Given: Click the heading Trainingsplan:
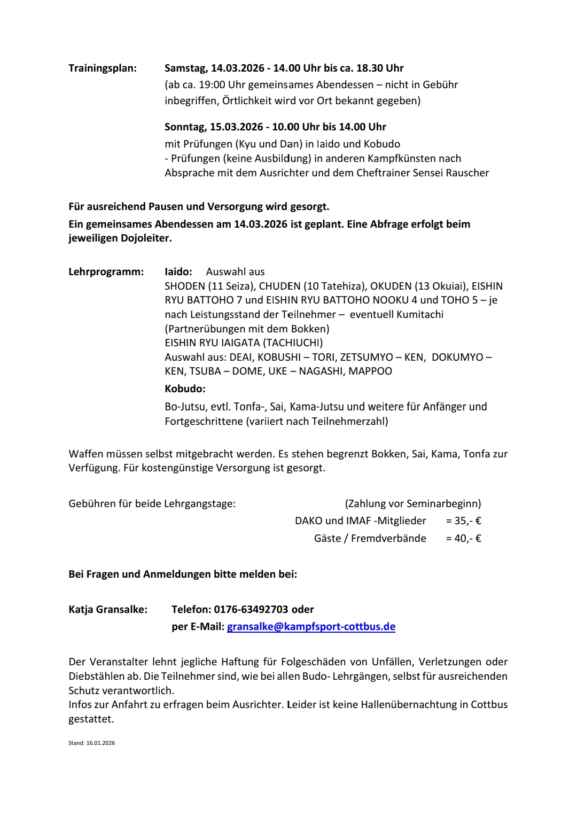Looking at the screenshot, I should click(103, 68).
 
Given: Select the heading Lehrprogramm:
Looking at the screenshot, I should click(106, 271).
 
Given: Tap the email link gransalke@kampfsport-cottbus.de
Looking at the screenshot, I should click(311, 626).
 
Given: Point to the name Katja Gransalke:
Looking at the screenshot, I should click(108, 609).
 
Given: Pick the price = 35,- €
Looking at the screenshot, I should click(463, 520).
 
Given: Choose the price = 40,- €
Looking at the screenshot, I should click(463, 538).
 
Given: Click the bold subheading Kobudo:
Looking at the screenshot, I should click(185, 388).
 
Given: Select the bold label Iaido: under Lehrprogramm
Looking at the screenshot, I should click(178, 271).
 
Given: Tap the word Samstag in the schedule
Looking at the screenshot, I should click(185, 68).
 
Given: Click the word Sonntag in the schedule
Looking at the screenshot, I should click(185, 127).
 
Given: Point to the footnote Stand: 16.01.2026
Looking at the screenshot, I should click(91, 743).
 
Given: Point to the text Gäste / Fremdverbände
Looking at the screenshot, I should click(370, 538).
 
